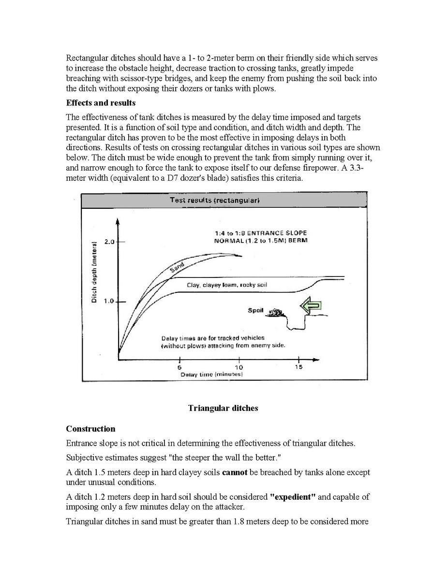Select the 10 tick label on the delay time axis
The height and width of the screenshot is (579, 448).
tap(239, 367)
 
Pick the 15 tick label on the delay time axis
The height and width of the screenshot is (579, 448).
tap(299, 367)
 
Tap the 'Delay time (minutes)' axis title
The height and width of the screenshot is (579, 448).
tap(212, 375)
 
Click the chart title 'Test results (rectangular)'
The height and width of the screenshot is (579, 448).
tap(215, 200)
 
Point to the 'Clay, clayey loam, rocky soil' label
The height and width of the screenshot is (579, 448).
tap(227, 285)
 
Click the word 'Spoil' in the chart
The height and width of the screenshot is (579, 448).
tap(255, 310)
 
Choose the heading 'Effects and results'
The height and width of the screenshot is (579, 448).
tap(101, 103)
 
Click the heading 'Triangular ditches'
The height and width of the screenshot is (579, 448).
tap(223, 408)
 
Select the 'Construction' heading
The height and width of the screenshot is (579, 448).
tap(90, 429)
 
